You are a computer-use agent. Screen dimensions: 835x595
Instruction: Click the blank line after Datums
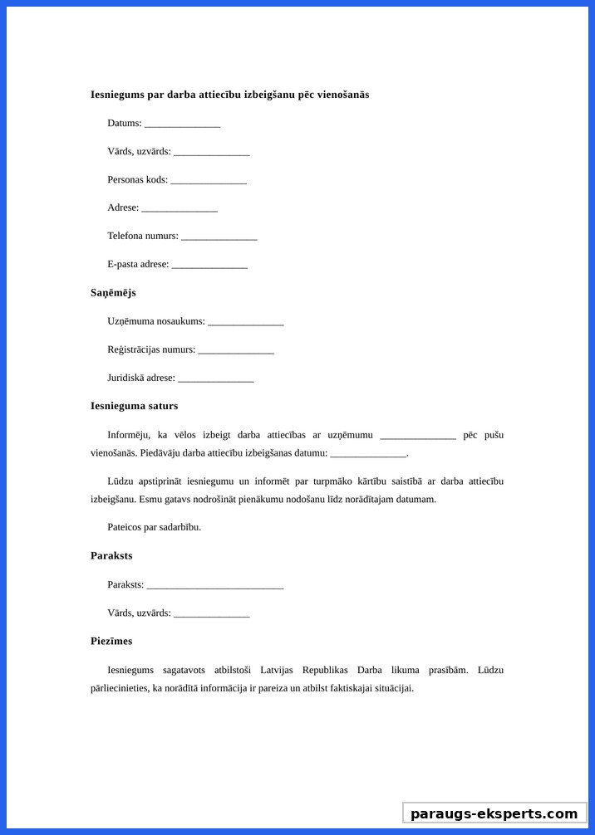pos(182,125)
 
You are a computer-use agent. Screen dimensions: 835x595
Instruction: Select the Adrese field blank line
pos(179,209)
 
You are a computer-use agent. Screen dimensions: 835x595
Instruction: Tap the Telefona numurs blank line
pos(219,237)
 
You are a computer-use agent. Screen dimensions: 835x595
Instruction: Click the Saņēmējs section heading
pos(113,293)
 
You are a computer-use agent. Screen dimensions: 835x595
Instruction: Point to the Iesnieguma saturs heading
pos(134,406)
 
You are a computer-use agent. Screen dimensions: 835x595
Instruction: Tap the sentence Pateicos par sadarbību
pos(154,527)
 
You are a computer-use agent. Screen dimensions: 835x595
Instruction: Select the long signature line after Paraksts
pos(215,586)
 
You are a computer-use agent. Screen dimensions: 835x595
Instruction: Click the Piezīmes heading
pos(111,641)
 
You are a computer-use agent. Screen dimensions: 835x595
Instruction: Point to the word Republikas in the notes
pos(325,670)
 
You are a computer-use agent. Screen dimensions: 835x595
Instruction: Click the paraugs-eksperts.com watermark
pos(494,813)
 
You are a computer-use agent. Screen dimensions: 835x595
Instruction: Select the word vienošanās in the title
pos(341,95)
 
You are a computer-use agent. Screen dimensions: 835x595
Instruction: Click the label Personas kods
pos(137,179)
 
